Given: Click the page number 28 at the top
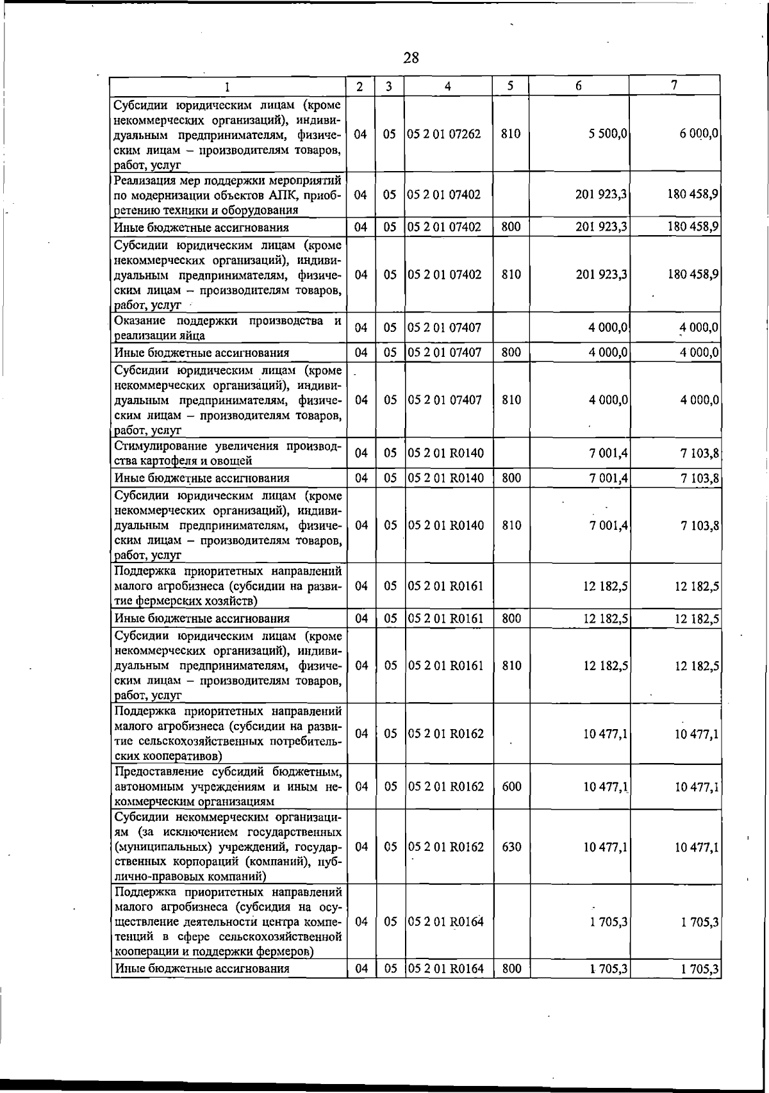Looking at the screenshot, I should tap(411, 58).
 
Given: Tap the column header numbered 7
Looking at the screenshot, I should tap(674, 85).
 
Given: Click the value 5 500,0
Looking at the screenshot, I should tap(608, 134).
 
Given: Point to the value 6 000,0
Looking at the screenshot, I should tap(699, 134).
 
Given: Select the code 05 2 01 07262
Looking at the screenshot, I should tap(444, 134).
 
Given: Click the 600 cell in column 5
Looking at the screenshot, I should tap(511, 786).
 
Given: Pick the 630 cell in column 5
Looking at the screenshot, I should tap(511, 846).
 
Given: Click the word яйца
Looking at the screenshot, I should tap(191, 335).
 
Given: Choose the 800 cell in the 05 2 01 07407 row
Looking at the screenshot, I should tap(511, 352).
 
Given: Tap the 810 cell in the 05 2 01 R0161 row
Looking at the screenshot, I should tap(511, 666).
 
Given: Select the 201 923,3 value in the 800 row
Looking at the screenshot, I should tap(601, 227).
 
